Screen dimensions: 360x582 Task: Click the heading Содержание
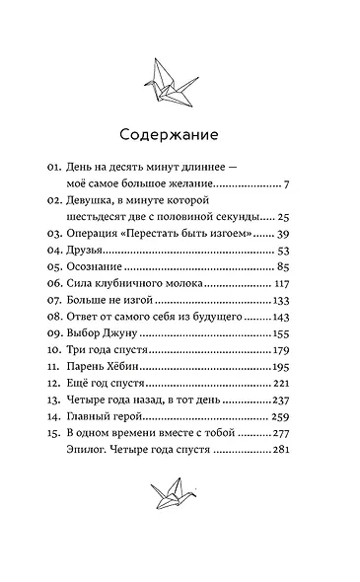click(x=180, y=134)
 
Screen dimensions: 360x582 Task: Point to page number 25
click(x=281, y=216)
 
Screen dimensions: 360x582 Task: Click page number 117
click(x=276, y=307)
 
